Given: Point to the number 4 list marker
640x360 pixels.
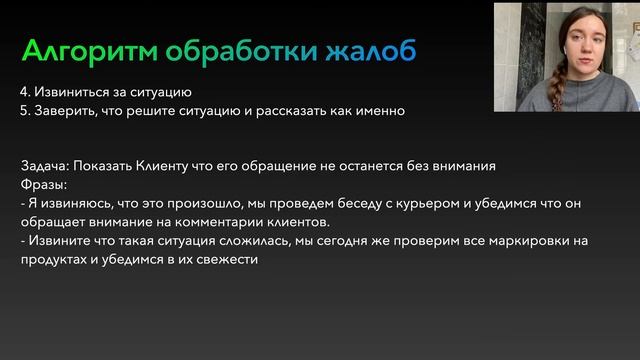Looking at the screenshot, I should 24,93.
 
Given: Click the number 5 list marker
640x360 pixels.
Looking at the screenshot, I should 24,111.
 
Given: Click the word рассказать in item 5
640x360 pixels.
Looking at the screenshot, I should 291,111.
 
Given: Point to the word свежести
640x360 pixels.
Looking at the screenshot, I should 229,259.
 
